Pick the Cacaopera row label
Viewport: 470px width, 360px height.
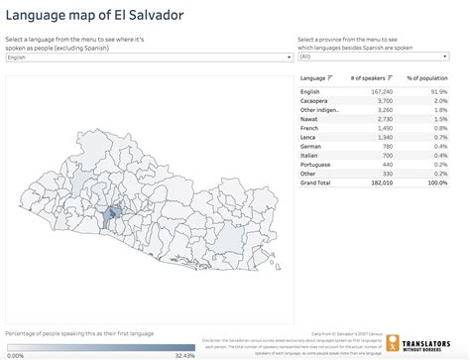pos(317,101)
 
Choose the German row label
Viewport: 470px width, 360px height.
pos(312,145)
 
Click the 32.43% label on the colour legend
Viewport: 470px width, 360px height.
pos(183,354)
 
